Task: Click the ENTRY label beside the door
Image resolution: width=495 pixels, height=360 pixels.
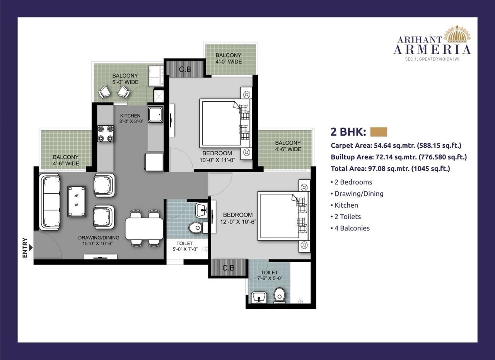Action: tap(25, 247)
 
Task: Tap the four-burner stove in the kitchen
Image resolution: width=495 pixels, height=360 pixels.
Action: tap(105, 133)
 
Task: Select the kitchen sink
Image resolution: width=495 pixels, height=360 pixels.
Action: tap(155, 114)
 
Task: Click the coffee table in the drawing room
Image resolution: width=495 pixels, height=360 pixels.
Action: tap(77, 201)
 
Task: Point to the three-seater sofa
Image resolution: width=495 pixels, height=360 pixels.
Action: tap(50, 202)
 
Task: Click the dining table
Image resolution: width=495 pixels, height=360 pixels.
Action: tap(144, 229)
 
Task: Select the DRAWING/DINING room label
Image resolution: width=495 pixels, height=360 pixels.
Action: tap(99, 241)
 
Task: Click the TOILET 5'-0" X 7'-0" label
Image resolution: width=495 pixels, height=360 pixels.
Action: tap(184, 246)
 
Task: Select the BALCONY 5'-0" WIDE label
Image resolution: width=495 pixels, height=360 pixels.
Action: tap(125, 78)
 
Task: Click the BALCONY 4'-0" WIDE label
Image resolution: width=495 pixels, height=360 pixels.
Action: tap(229, 58)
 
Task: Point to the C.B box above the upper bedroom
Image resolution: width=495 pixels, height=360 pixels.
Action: tap(185, 70)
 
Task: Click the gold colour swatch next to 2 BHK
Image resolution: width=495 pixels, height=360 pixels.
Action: tap(378, 132)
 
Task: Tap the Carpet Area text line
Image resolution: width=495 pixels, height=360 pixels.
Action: tap(396, 145)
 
